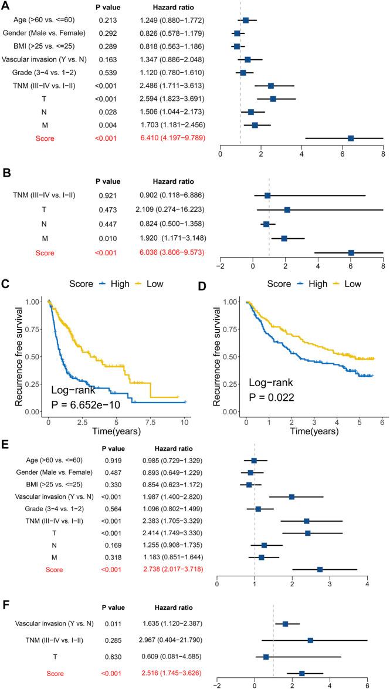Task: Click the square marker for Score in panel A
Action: [351, 138]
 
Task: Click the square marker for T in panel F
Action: [266, 657]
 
